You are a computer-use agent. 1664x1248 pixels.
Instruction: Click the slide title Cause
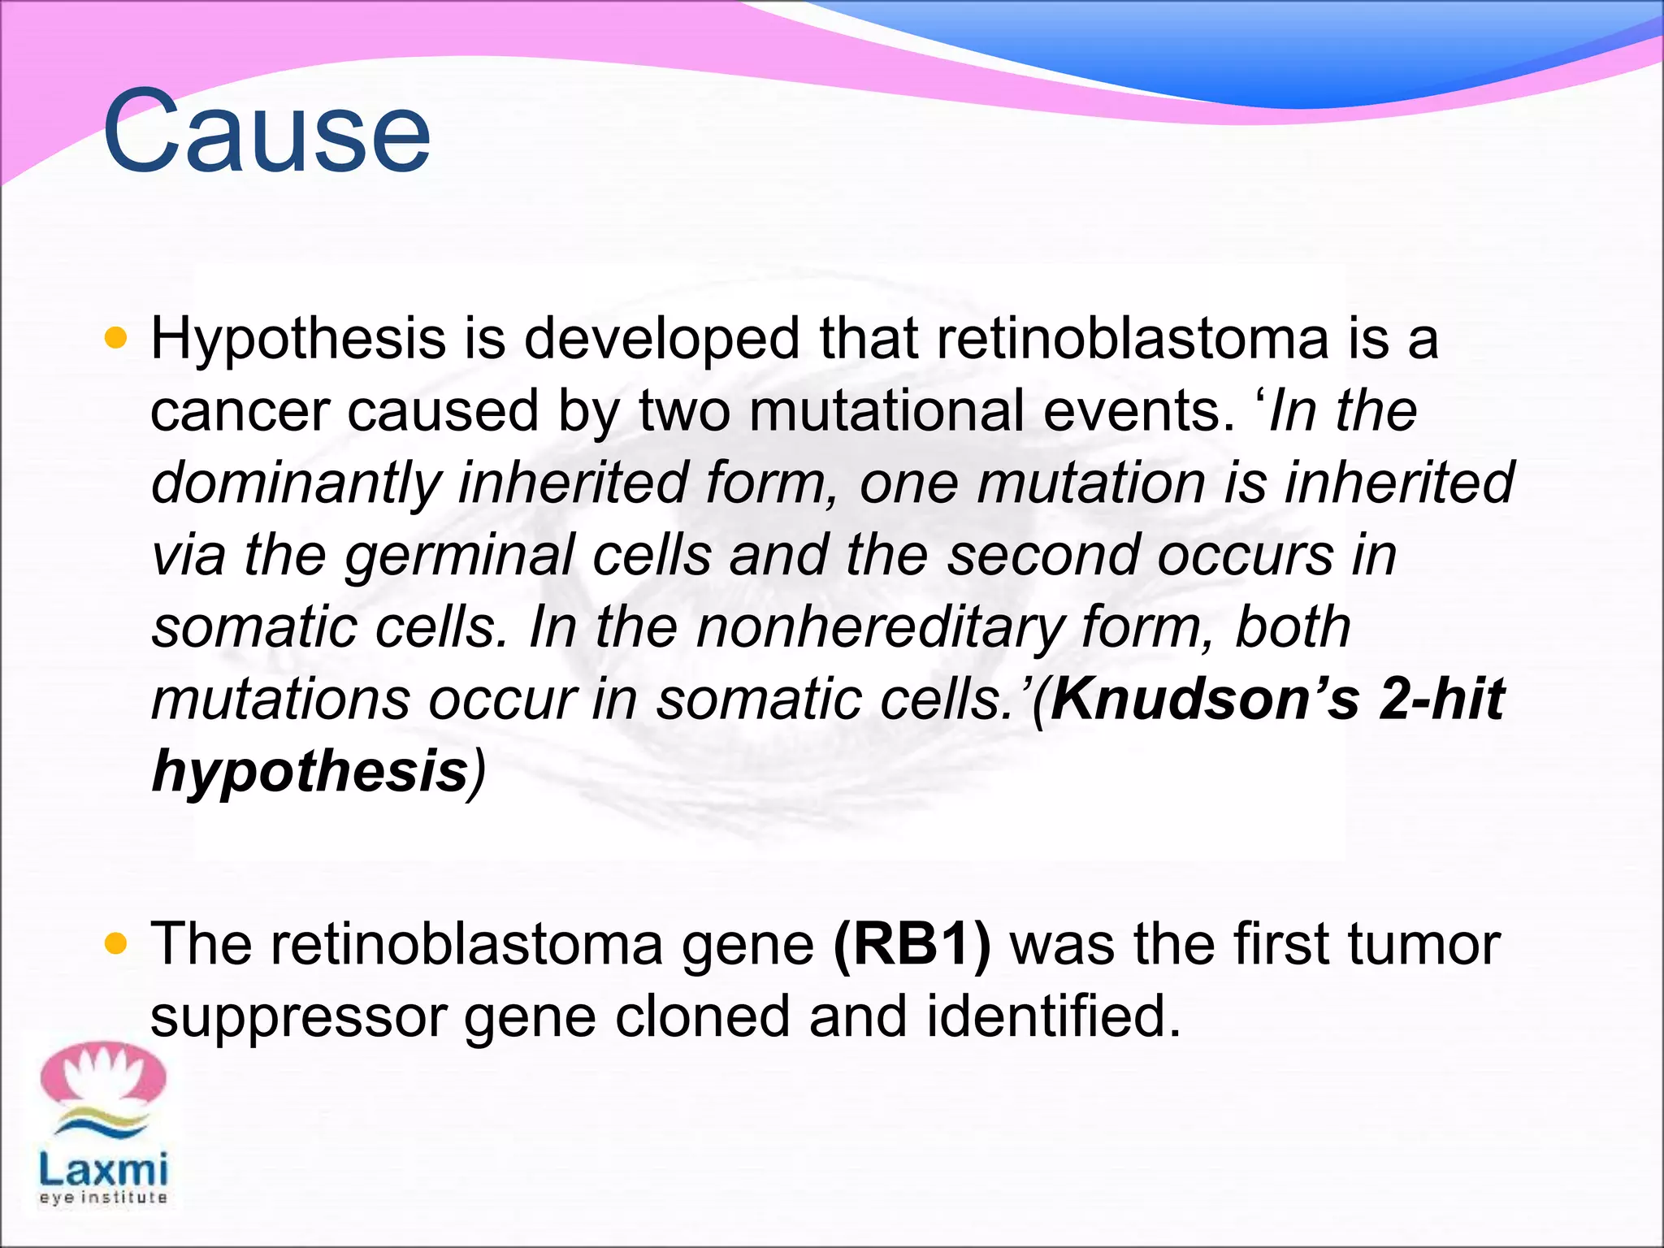[266, 132]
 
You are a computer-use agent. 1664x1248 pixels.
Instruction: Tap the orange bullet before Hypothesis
[116, 338]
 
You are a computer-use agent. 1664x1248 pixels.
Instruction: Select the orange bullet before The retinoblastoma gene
[116, 943]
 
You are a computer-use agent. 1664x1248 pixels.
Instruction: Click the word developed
[662, 340]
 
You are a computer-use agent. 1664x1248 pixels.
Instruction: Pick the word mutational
[886, 410]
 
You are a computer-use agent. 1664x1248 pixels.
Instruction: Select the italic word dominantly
[296, 483]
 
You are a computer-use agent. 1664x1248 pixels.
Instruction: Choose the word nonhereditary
[880, 628]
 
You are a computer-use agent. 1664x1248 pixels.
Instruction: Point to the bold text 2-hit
[1441, 699]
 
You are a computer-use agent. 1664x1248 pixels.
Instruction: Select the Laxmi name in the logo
[103, 1170]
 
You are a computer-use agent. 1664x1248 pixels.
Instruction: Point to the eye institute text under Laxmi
[103, 1198]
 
